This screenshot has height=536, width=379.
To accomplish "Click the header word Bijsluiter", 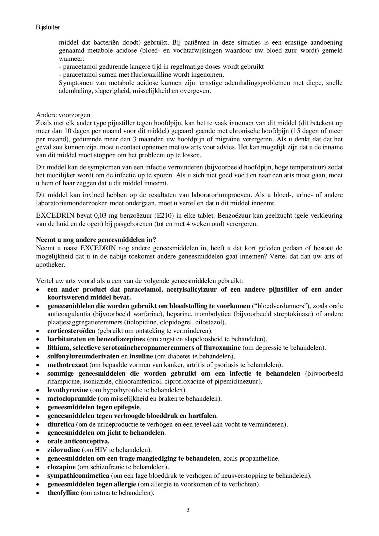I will click(48, 27).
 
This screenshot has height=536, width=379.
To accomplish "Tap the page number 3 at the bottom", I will click(188, 510).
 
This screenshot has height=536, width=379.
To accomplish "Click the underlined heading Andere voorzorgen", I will click(63, 115).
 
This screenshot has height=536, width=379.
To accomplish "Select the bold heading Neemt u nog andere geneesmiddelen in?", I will click(96, 240).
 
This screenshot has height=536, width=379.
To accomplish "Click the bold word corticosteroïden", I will click(71, 331).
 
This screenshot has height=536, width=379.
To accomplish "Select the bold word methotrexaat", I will click(67, 365).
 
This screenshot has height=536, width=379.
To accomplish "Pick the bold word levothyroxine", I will click(68, 390).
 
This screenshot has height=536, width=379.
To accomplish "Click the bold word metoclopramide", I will click(72, 398).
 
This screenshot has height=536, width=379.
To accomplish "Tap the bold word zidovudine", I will click(64, 450).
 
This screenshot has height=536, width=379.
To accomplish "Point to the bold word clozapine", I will click(61, 467).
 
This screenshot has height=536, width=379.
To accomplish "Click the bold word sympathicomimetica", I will click(78, 476).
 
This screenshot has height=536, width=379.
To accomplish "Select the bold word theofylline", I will click(63, 493).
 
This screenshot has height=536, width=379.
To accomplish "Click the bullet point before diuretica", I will click(38, 425).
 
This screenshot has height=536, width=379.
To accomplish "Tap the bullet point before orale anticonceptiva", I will click(38, 442).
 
